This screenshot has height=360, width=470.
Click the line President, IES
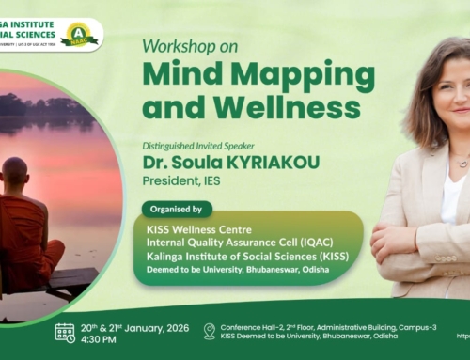(x=187, y=180)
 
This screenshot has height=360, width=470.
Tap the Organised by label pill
(x=177, y=209)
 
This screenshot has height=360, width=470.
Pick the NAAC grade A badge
(x=79, y=35)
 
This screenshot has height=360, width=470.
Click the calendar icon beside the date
(x=65, y=332)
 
